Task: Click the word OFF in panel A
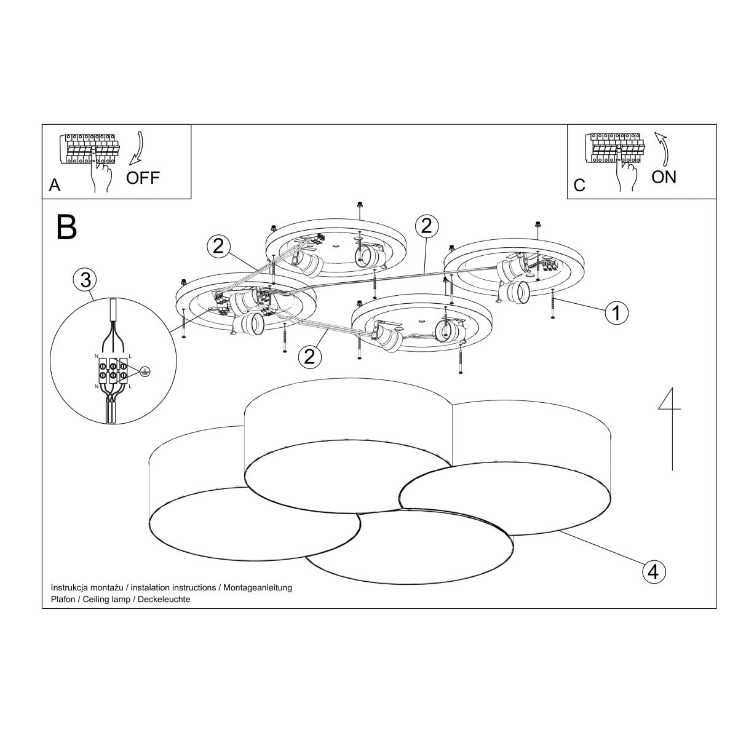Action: tap(143, 178)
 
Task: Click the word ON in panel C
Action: tap(664, 177)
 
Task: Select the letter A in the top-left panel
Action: tap(55, 185)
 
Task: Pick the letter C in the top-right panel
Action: tap(579, 186)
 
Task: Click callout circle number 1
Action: tap(617, 313)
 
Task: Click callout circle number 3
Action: tap(85, 280)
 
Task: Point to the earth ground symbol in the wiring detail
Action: tap(144, 371)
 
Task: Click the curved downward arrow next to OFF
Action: tap(137, 148)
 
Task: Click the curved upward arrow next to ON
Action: tap(664, 149)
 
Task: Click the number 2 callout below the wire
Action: tap(309, 357)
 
